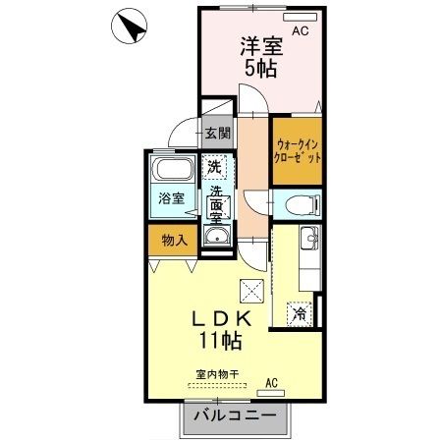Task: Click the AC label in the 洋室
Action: (x=300, y=31)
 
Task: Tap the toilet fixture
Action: (x=301, y=204)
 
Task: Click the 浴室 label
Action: (x=172, y=198)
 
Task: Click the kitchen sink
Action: (x=307, y=239)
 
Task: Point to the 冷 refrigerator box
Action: (x=296, y=315)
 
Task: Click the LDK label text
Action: (x=222, y=319)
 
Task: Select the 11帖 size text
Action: (x=222, y=342)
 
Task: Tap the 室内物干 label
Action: (x=217, y=374)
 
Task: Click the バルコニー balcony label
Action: (x=234, y=415)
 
